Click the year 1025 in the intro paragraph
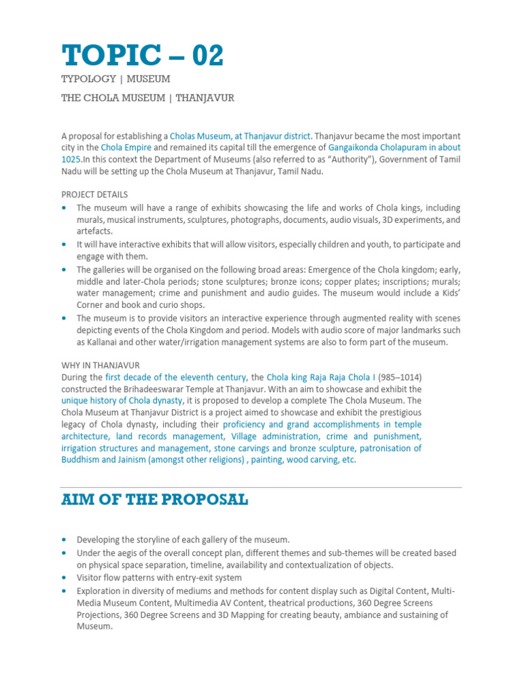(x=71, y=159)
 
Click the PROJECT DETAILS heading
(x=94, y=194)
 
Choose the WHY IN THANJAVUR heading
(x=101, y=365)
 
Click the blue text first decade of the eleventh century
(x=177, y=377)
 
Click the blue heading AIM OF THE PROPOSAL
(x=154, y=500)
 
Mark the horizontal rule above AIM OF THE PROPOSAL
(x=261, y=487)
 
